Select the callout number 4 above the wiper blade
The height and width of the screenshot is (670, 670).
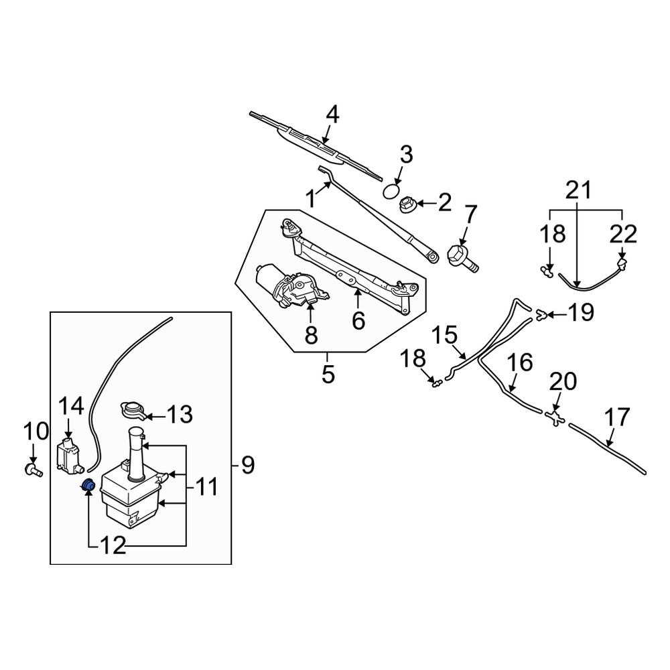[332, 115]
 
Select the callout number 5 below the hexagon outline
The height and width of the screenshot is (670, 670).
[328, 374]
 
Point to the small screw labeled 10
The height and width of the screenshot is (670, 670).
[31, 469]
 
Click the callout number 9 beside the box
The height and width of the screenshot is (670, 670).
[248, 464]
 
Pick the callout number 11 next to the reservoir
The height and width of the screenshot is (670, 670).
[206, 486]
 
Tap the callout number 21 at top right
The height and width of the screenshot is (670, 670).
[579, 192]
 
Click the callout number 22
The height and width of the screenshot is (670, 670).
[624, 234]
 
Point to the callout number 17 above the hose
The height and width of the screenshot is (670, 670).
[616, 418]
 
